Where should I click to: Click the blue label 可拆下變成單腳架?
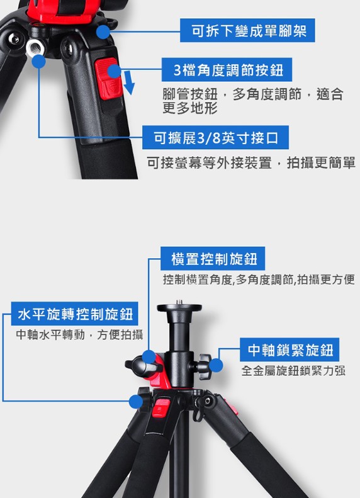point(247,30)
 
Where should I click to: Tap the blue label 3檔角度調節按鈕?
point(227,69)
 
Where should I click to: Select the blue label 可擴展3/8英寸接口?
point(215,137)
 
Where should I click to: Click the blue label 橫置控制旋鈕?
point(213,259)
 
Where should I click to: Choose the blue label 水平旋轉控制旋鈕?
point(75,314)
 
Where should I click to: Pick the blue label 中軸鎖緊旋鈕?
point(290,349)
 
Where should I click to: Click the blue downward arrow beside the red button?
point(129,82)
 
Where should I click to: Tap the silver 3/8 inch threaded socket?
point(35,48)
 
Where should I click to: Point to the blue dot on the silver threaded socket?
point(39,61)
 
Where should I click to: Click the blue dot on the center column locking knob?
point(216,365)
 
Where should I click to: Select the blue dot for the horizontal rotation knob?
point(136,402)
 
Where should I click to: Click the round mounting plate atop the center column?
point(179,307)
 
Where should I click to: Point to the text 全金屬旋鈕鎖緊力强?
point(293,370)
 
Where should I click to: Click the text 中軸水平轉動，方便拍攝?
point(79,334)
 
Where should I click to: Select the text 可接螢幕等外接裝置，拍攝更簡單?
point(250,162)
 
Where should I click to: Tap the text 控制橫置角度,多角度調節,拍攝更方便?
point(259,280)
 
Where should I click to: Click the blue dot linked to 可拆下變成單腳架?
point(103,32)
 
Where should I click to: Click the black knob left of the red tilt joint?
point(137,366)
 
